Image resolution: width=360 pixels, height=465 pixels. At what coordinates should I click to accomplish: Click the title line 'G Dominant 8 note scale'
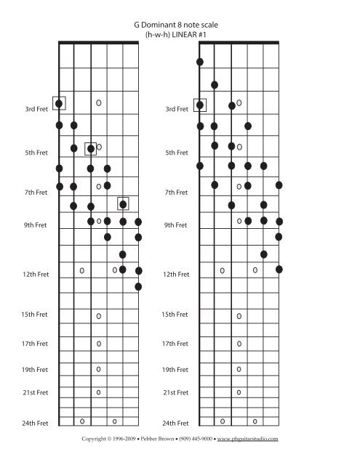pyautogui.click(x=180, y=24)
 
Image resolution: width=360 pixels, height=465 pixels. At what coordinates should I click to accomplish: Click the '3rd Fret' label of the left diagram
pyautogui.click(x=36, y=110)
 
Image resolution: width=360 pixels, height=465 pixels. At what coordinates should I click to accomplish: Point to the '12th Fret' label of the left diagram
pyautogui.click(x=34, y=275)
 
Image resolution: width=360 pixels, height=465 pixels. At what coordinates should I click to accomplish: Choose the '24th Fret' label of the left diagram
pyautogui.click(x=34, y=423)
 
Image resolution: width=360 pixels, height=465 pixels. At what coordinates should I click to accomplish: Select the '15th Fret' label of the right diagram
pyautogui.click(x=175, y=315)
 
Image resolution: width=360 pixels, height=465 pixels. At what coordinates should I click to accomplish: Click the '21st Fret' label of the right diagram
pyautogui.click(x=175, y=392)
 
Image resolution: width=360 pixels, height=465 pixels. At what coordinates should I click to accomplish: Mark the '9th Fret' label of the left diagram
pyautogui.click(x=36, y=225)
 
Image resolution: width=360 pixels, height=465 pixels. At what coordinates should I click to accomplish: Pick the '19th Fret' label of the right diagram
pyautogui.click(x=175, y=369)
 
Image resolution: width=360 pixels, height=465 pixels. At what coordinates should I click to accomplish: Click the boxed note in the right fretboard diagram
pyautogui.click(x=199, y=105)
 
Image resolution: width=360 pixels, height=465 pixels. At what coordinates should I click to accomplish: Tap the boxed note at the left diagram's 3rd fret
pyautogui.click(x=60, y=103)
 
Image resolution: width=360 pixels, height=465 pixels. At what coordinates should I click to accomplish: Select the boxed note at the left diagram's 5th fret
pyautogui.click(x=90, y=149)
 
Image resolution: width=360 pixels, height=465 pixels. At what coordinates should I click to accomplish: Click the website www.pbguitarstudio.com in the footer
pyautogui.click(x=247, y=440)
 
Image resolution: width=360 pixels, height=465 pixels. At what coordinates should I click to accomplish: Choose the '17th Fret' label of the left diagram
pyautogui.click(x=34, y=344)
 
